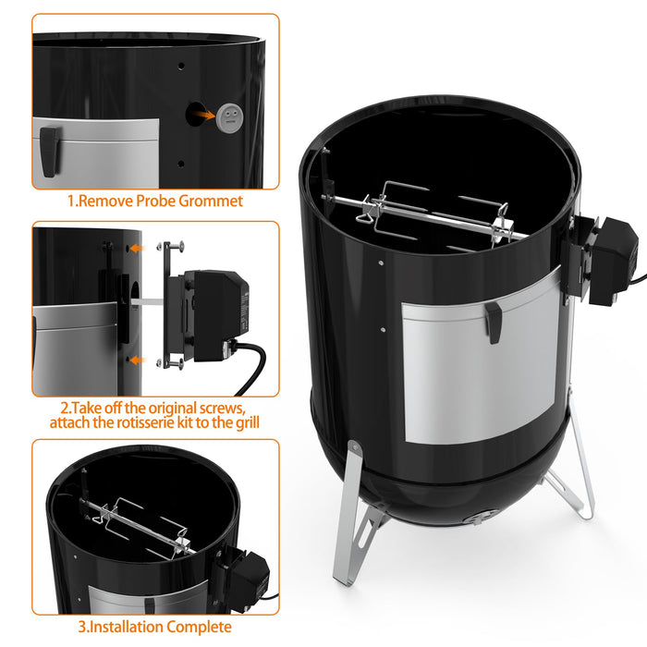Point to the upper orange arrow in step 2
pyautogui.click(x=137, y=249)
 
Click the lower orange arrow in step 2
pyautogui.click(x=137, y=360)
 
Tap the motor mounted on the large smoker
pyautogui.click(x=605, y=259)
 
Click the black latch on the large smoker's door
pyautogui.click(x=494, y=321)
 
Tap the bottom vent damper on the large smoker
pyautogui.click(x=478, y=518)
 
